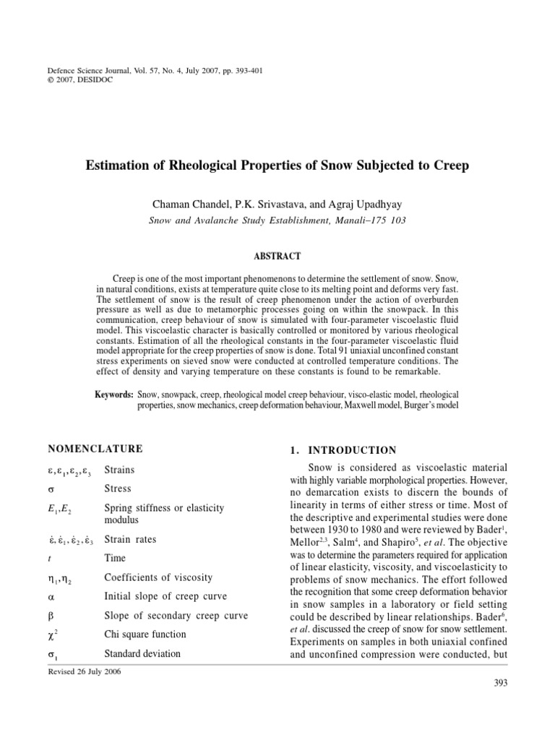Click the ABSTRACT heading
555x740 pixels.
(278, 256)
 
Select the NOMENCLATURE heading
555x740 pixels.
(95, 449)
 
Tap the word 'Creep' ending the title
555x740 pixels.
(451, 165)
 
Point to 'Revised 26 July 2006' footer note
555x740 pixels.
(85, 671)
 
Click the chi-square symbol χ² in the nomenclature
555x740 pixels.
(52, 634)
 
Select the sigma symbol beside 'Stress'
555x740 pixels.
(51, 489)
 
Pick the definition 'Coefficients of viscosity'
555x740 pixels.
(159, 577)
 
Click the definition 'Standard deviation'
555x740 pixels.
(142, 653)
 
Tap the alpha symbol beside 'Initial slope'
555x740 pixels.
(51, 596)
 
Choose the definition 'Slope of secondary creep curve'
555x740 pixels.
(176, 616)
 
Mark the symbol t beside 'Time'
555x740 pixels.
(49, 558)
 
